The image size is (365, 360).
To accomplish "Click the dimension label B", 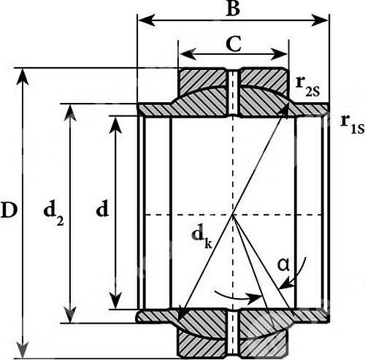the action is pyautogui.click(x=233, y=8).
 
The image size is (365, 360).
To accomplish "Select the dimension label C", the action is pyautogui.click(x=234, y=44).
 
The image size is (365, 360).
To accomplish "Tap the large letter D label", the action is pyautogui.click(x=9, y=210).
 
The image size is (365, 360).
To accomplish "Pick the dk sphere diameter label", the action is pyautogui.click(x=201, y=239).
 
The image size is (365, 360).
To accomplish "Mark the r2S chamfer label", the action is pyautogui.click(x=307, y=85).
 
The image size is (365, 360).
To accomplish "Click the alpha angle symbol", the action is pyautogui.click(x=284, y=265).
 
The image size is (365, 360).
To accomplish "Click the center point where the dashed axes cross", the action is pyautogui.click(x=233, y=215).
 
